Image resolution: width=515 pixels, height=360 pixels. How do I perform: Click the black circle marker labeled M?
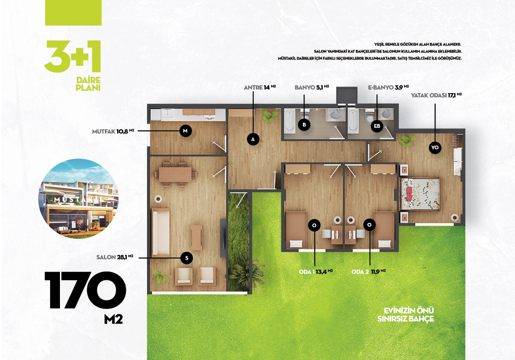(185, 131)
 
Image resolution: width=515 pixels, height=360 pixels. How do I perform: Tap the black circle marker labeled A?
(253, 139)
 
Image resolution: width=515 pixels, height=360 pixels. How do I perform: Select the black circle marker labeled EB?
(377, 126)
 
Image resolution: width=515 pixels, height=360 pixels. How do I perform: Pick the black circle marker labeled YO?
(435, 147)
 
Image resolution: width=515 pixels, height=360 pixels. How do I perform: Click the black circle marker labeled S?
(186, 258)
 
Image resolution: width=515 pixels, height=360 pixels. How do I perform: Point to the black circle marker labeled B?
(304, 125)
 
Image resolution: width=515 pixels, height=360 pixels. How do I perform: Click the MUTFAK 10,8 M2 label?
(113, 132)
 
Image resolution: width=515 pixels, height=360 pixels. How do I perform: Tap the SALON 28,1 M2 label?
(115, 257)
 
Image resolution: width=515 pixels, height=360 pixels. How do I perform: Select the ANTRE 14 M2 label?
(260, 88)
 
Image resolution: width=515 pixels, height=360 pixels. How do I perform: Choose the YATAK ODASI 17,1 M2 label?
(436, 95)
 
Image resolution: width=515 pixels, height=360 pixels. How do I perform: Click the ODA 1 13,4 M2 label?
(316, 272)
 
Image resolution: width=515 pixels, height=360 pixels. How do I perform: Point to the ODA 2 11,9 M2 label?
(368, 272)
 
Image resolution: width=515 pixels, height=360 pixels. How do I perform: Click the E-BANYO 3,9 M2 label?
(388, 88)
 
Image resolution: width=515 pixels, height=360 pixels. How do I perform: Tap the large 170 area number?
(85, 290)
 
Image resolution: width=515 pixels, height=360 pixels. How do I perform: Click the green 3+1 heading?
(73, 56)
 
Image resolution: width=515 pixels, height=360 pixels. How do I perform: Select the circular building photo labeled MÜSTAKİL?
(78, 198)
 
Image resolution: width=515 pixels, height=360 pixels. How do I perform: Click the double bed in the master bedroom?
(420, 194)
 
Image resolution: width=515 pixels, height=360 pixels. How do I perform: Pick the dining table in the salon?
(175, 174)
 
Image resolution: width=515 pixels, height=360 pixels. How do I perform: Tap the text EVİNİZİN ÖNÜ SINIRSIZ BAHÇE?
(405, 315)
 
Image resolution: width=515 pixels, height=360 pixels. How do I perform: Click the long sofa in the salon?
(161, 232)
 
